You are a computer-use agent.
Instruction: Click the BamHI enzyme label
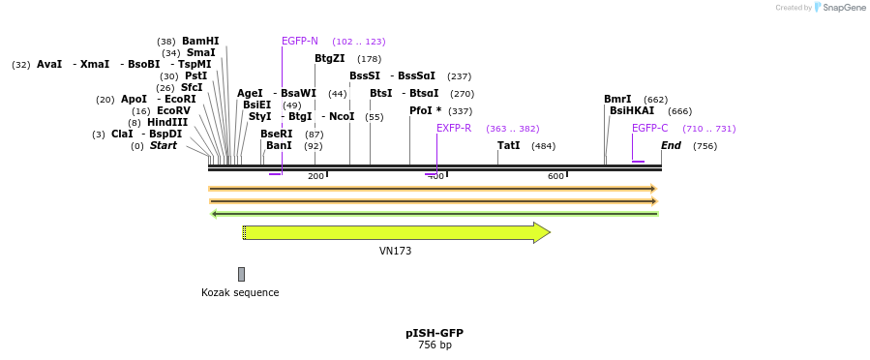coord(200,42)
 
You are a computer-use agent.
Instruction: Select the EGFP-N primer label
coord(299,42)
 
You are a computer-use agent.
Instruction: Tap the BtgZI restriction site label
coord(329,58)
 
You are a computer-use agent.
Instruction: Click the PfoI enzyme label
coord(425,110)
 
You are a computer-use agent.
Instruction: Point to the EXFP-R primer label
coord(454,128)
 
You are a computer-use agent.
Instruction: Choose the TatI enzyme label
coord(508,145)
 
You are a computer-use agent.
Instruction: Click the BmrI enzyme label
coord(617,99)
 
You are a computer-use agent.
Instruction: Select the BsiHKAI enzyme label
coord(632,110)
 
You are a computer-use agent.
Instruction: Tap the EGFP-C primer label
coord(649,128)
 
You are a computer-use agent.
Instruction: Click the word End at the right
coord(671,145)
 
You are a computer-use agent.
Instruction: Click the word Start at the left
coord(163,145)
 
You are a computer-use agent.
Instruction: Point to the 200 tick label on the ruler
coord(315,176)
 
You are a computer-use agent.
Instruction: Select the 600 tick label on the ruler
coord(555,176)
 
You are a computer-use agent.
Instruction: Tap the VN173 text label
coord(395,251)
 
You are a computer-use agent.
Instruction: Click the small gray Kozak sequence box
coord(241,274)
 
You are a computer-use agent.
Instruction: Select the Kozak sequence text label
coord(240,292)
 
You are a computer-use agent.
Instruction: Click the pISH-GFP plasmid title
coord(435,333)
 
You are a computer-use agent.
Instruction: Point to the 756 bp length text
coord(435,345)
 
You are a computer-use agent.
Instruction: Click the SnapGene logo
coord(840,8)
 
